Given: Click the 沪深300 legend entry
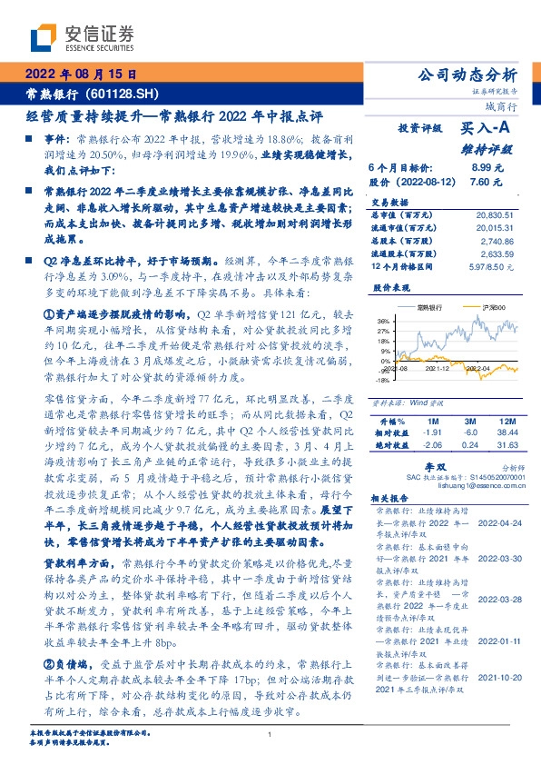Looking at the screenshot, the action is tap(479, 308).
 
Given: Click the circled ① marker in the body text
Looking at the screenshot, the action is tap(50, 313).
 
